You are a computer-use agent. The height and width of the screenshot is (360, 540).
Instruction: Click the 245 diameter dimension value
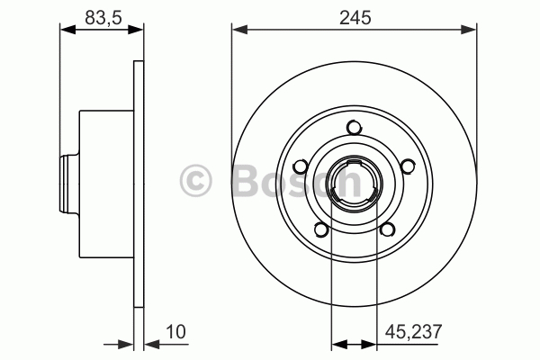coord(355,18)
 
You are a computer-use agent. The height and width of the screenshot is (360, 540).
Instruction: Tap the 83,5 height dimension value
coord(103,18)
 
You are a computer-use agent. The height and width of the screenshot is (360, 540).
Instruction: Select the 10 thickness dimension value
coord(175,332)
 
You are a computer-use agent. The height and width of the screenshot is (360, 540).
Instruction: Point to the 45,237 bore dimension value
coord(413,332)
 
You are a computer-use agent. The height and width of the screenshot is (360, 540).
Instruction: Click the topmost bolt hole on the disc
coord(354,128)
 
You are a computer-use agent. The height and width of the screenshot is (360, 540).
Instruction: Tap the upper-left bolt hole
coord(301,166)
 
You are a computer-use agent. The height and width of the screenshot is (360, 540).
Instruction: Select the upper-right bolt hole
coord(408,166)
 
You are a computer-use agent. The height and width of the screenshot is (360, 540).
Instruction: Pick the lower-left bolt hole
coord(321,229)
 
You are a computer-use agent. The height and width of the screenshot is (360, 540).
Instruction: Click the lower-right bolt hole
coord(387,229)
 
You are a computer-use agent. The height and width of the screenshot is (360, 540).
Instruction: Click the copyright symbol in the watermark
coord(195,181)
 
